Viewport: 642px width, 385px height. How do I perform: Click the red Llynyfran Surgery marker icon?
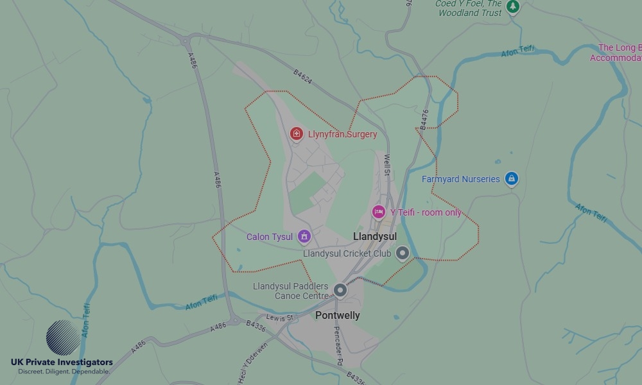click(x=297, y=133)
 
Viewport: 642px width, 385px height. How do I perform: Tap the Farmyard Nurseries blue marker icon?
click(x=511, y=178)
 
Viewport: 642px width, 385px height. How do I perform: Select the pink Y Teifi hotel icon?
click(x=379, y=212)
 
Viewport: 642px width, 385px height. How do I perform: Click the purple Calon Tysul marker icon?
click(x=304, y=237)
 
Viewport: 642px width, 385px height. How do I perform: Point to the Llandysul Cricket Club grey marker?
click(x=403, y=253)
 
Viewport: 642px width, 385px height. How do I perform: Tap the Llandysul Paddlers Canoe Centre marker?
click(x=340, y=290)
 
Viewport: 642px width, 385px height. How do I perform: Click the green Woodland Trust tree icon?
click(x=512, y=6)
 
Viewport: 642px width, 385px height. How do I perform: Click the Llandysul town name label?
click(x=375, y=237)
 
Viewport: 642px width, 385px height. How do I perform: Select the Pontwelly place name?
click(x=337, y=316)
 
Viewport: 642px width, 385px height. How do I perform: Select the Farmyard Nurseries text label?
click(x=460, y=179)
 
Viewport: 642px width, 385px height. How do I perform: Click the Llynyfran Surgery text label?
click(x=342, y=135)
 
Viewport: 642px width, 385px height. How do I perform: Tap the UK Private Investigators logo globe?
click(x=64, y=338)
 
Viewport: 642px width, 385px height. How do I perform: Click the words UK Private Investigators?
click(x=62, y=363)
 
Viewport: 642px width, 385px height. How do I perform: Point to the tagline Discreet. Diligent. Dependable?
click(x=64, y=372)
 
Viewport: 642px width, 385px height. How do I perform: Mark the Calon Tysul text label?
click(x=270, y=237)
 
